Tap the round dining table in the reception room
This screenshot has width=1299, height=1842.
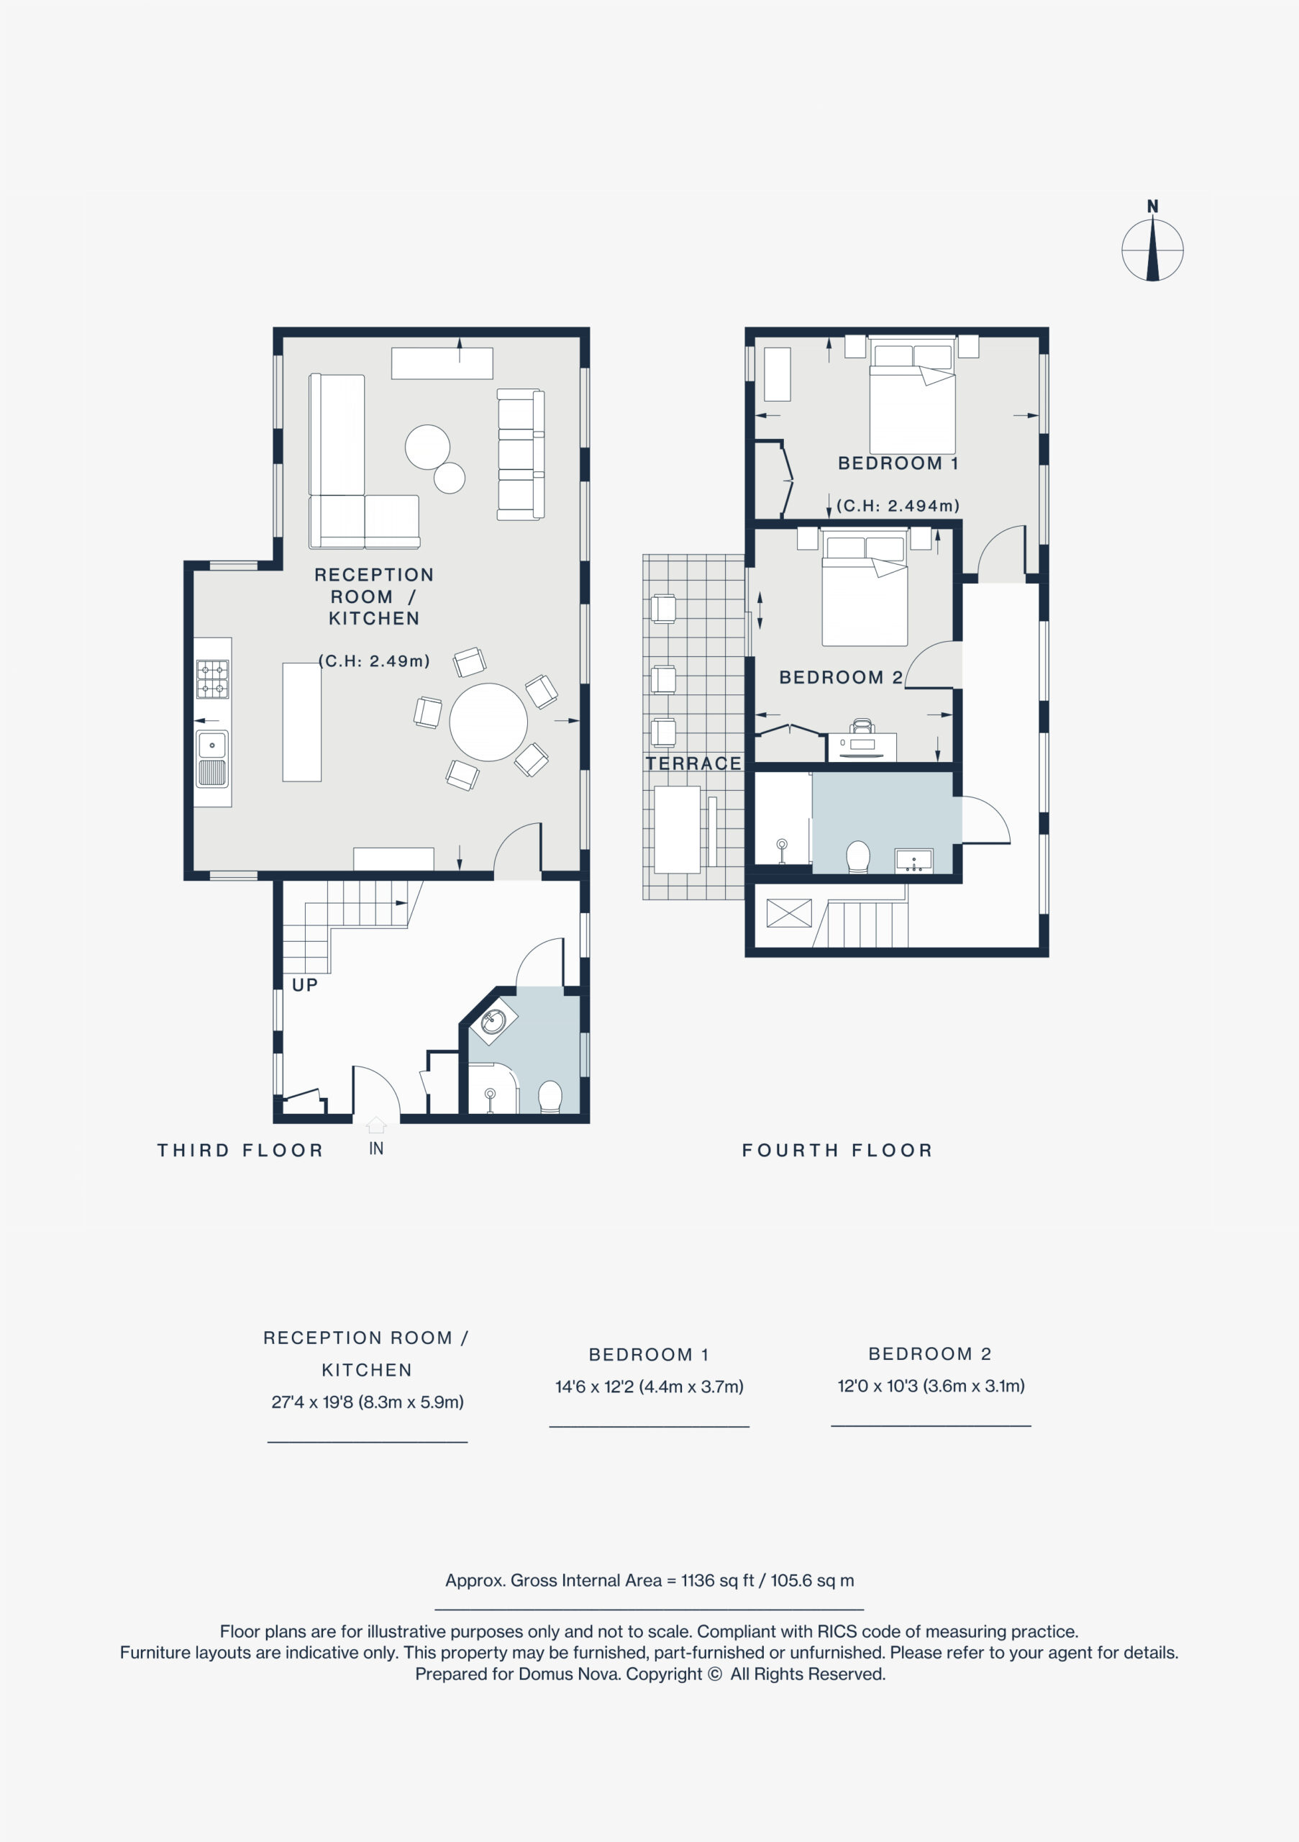pyautogui.click(x=488, y=722)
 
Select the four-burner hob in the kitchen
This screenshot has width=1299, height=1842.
pyautogui.click(x=212, y=679)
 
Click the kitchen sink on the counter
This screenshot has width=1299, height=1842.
pyautogui.click(x=212, y=759)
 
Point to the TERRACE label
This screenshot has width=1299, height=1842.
pyautogui.click(x=693, y=763)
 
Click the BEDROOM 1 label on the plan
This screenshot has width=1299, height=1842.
pyautogui.click(x=898, y=463)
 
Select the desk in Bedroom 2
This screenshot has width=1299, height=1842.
pyautogui.click(x=862, y=747)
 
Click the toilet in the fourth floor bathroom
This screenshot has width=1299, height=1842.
pyautogui.click(x=858, y=857)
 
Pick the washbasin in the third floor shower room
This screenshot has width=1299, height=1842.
pyautogui.click(x=493, y=1022)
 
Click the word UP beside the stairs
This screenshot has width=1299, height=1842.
pyautogui.click(x=305, y=985)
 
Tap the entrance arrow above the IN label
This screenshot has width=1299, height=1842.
pyautogui.click(x=376, y=1125)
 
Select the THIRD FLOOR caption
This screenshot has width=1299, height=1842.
pyautogui.click(x=240, y=1151)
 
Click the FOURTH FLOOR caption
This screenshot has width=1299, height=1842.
pyautogui.click(x=838, y=1151)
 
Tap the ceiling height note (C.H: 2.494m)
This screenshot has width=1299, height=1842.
pyautogui.click(x=898, y=505)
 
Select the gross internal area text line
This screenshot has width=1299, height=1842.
pyautogui.click(x=649, y=1581)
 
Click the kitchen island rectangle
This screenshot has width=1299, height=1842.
pyautogui.click(x=302, y=722)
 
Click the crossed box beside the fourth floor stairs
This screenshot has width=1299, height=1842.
pyautogui.click(x=789, y=913)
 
